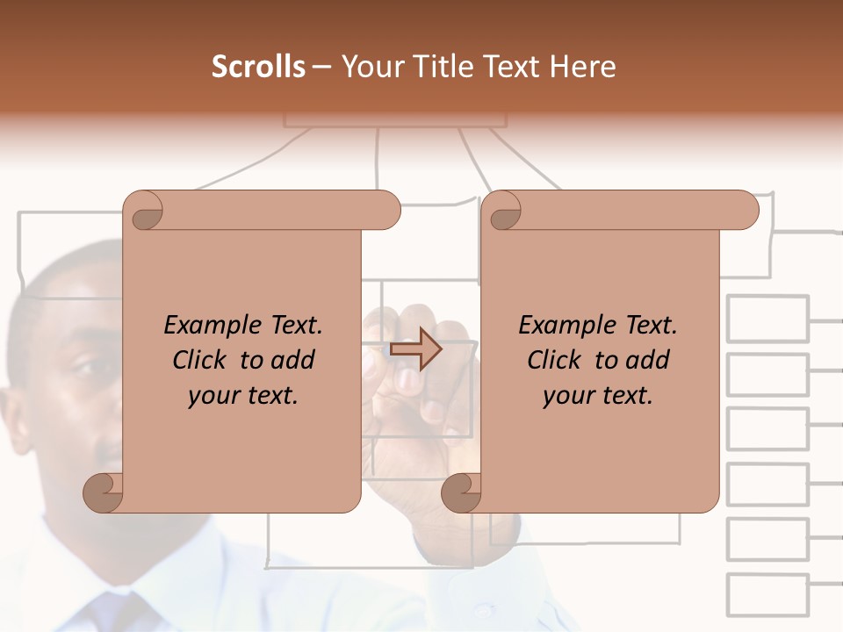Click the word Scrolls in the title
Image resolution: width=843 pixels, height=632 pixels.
click(x=258, y=67)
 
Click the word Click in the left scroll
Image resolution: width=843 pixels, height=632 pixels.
click(x=202, y=360)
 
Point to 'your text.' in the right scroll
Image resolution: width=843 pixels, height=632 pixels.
click(x=597, y=395)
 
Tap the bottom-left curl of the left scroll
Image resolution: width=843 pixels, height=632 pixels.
click(x=104, y=492)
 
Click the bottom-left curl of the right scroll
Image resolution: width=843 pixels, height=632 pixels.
click(x=462, y=492)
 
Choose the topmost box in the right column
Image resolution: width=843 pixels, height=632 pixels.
click(x=767, y=318)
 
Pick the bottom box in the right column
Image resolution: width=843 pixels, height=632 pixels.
click(x=767, y=595)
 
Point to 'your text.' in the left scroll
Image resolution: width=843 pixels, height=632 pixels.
click(x=243, y=395)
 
